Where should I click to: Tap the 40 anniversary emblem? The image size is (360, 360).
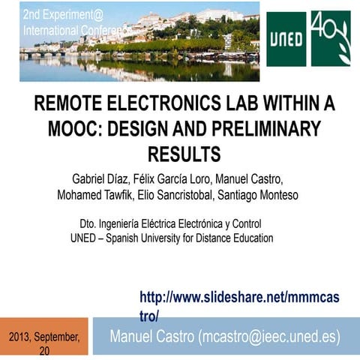coord(331,39)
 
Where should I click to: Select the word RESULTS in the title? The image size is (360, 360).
coord(184,154)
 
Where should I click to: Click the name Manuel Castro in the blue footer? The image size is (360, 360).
coord(151,335)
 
